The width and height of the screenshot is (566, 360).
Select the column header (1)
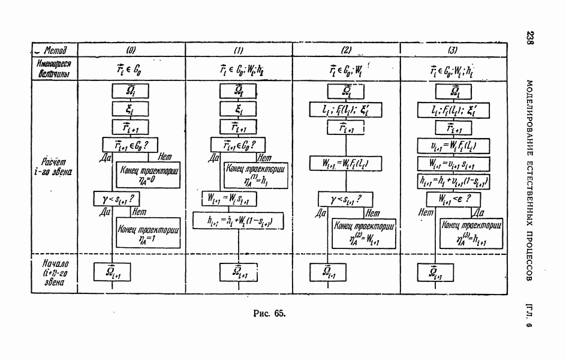coord(239,50)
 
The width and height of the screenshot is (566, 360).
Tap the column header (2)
coord(346,50)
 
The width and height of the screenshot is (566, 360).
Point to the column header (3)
coord(453,50)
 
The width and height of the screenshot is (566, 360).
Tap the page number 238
coord(530,39)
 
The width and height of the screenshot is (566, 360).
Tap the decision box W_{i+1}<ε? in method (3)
coord(453,199)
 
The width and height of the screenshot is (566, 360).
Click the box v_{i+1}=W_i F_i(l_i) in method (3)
coord(453,145)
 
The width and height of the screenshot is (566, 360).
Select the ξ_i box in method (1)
coord(239,109)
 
